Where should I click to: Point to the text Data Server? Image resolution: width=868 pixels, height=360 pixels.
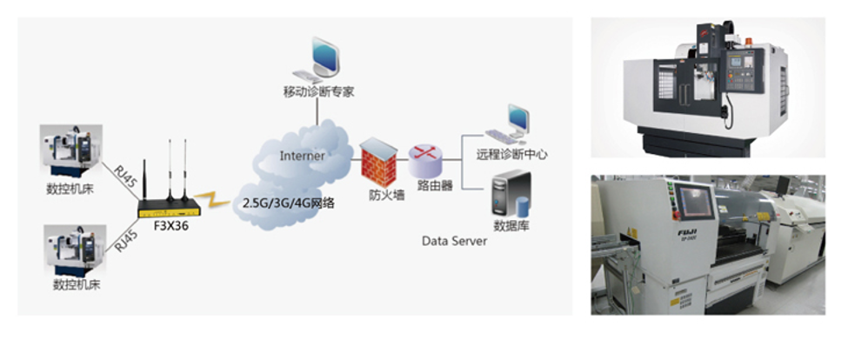(x=454, y=240)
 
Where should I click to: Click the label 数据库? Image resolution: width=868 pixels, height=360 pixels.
(x=512, y=226)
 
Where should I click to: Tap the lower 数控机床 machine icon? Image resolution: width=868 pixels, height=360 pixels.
(x=73, y=249)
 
